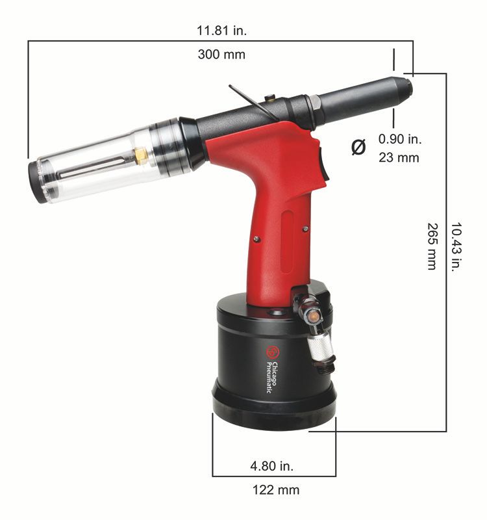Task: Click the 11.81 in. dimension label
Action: [x=221, y=30]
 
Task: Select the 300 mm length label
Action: [x=221, y=55]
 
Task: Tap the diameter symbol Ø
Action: [x=358, y=147]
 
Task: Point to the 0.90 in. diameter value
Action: [x=400, y=138]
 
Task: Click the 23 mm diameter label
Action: [x=399, y=157]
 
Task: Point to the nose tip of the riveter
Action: [x=407, y=85]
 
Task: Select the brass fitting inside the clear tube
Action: [x=140, y=154]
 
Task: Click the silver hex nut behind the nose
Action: [x=314, y=102]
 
